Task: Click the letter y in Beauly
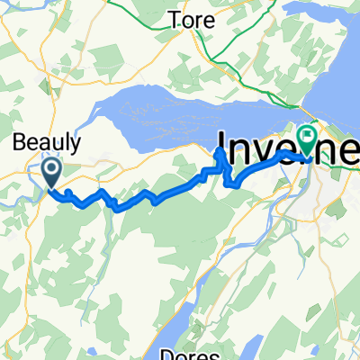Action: (76, 144)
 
